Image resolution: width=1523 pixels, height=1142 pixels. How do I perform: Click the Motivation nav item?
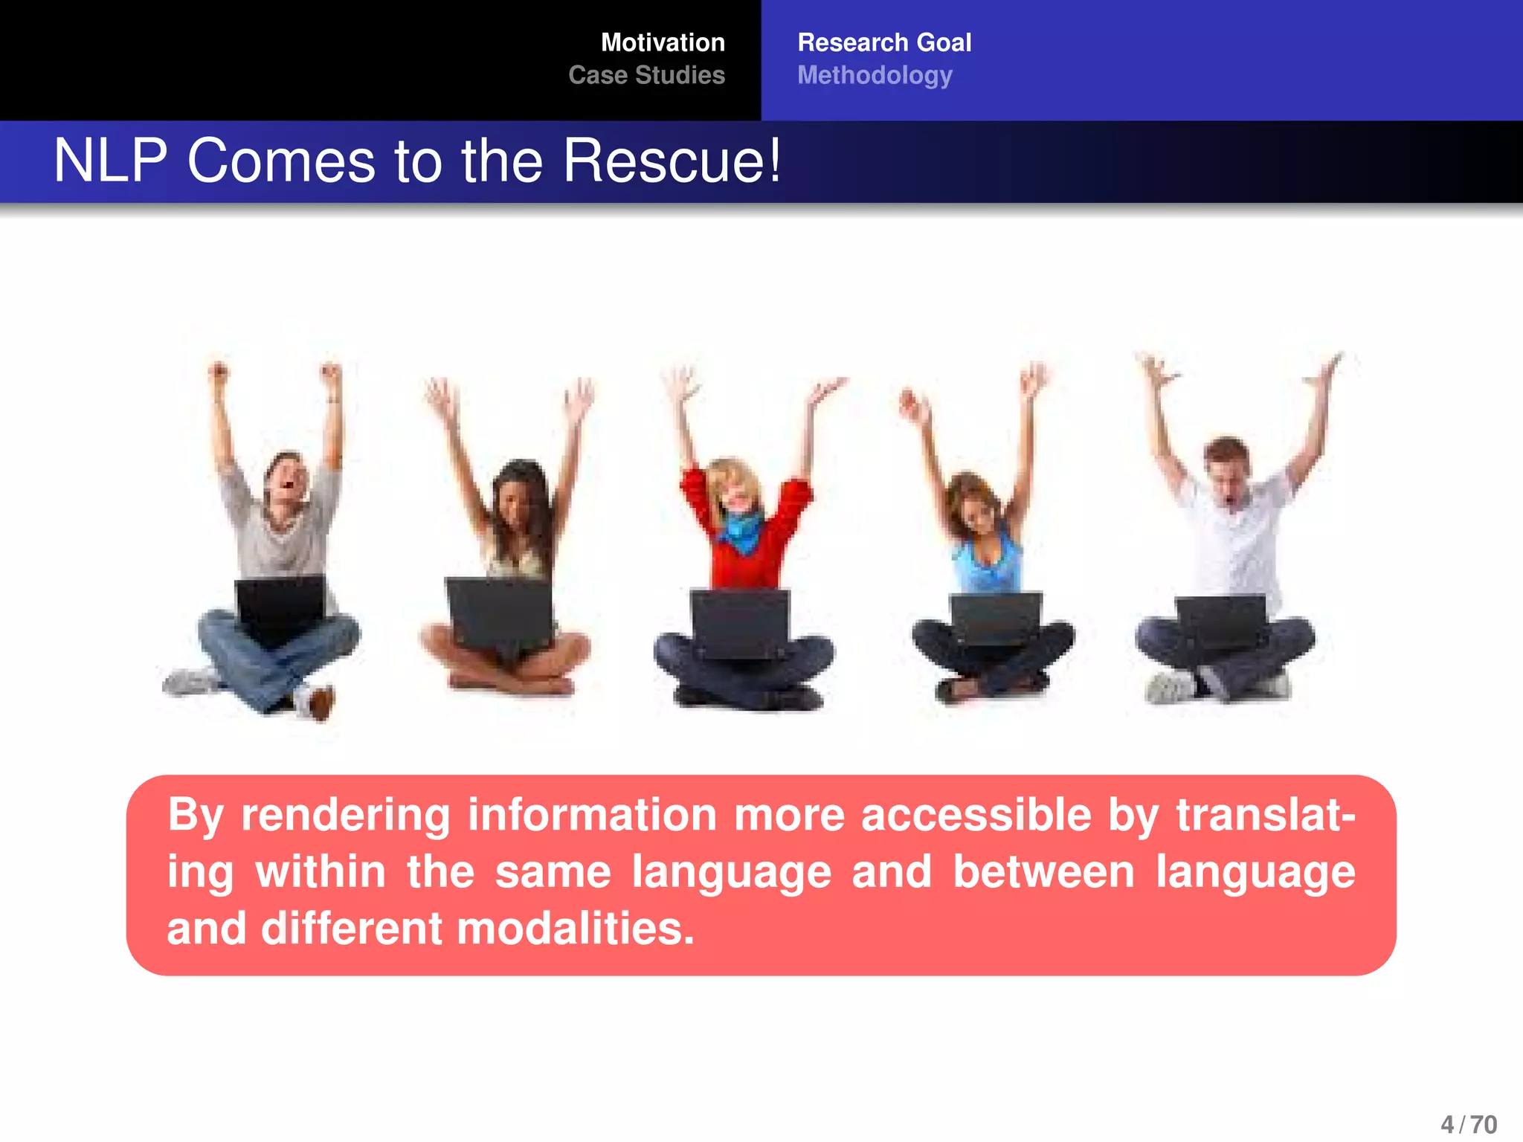tap(662, 42)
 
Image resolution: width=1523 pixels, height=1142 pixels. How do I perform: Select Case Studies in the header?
tap(646, 75)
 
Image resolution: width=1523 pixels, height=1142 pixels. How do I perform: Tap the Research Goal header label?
tap(883, 42)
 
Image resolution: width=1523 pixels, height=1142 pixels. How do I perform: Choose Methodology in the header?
tap(875, 75)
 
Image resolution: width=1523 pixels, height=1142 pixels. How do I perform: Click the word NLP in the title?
tap(110, 161)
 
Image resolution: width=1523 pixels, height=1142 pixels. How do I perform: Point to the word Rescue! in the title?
tap(672, 161)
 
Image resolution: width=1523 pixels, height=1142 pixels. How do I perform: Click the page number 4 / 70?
tap(1469, 1124)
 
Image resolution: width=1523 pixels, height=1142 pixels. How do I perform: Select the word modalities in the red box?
tap(575, 929)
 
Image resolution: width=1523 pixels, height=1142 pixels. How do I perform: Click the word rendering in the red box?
tap(345, 815)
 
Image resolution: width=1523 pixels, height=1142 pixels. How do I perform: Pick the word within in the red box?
tap(320, 871)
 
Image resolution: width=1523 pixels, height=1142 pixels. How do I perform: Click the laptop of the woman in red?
tap(741, 623)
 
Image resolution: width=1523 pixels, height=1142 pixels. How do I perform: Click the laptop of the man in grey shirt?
tap(280, 606)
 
